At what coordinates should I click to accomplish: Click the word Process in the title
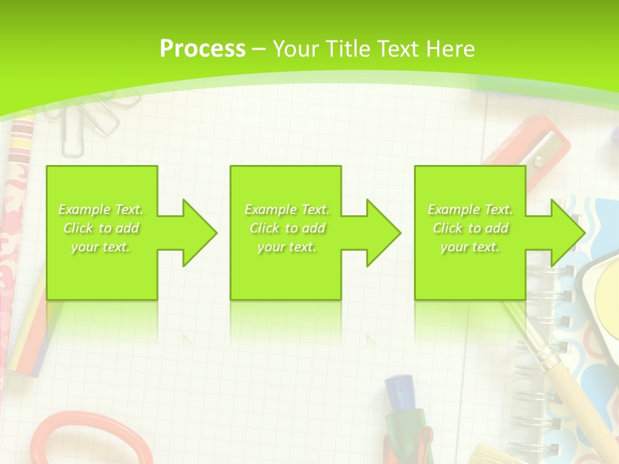[202, 48]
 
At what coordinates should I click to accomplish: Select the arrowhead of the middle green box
[382, 233]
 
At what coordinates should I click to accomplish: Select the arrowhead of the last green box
[567, 233]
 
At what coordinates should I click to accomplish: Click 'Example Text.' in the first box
[101, 209]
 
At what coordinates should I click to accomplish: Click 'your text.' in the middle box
[287, 247]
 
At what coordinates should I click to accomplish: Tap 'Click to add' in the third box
[470, 228]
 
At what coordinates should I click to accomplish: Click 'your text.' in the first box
[101, 247]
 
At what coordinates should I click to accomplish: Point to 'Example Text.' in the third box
[470, 209]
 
